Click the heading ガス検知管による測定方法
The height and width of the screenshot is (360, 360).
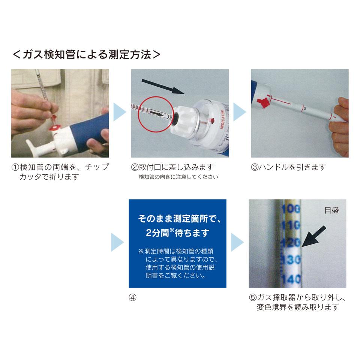pos(87,55)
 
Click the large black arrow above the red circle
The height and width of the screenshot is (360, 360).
pos(163,86)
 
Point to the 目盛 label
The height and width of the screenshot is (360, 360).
pos(332,210)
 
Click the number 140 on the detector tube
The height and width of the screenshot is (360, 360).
pos(291,279)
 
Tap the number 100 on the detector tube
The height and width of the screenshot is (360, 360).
pos(291,209)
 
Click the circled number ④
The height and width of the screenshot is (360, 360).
pos(132,297)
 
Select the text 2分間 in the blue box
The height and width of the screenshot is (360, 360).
pos(158,233)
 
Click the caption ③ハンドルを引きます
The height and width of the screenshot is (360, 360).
pos(288,167)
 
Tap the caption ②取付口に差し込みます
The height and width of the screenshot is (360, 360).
pos(172,167)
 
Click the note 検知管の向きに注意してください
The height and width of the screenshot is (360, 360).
pos(178,177)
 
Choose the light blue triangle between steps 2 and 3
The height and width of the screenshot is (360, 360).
pos(240,112)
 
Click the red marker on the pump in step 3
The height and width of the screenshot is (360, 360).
pos(262,102)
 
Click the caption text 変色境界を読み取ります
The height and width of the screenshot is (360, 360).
pos(298,307)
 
